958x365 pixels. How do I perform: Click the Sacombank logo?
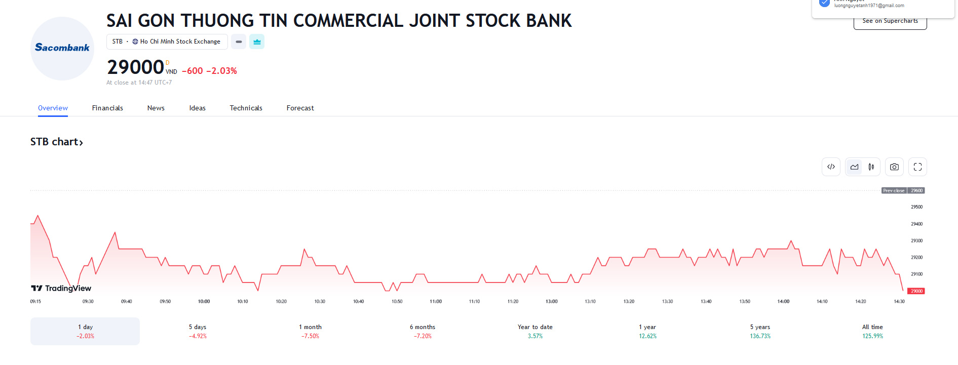click(x=62, y=48)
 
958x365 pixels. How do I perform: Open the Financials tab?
click(x=107, y=108)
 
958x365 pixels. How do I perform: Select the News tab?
click(x=156, y=108)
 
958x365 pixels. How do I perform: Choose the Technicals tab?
click(x=246, y=108)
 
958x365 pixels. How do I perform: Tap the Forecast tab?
click(x=300, y=108)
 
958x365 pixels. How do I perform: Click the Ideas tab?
click(x=197, y=108)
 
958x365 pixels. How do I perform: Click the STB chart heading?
click(x=56, y=142)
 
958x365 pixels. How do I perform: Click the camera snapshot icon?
click(x=894, y=167)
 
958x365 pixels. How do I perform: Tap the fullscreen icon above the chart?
click(x=917, y=167)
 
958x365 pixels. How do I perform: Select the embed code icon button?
click(x=831, y=167)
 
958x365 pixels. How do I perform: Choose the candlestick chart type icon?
click(x=871, y=167)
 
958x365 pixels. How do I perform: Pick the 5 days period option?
click(x=198, y=331)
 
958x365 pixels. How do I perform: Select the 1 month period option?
click(x=310, y=331)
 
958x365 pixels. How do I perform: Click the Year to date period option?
click(x=535, y=331)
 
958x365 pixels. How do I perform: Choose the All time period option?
click(x=872, y=331)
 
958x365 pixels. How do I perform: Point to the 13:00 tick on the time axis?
click(x=551, y=301)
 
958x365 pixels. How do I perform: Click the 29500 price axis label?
click(x=916, y=207)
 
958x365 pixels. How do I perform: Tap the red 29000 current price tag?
click(x=916, y=291)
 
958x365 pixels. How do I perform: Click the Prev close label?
click(x=894, y=191)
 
